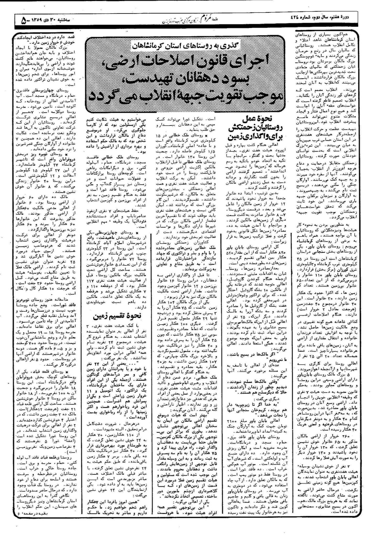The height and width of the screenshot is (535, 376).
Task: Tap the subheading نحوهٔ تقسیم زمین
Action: (x=118, y=316)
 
